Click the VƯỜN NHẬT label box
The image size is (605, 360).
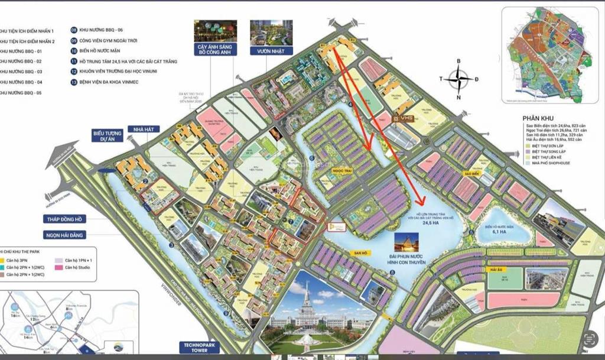(x=267, y=51)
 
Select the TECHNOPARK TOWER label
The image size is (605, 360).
(x=203, y=347)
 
